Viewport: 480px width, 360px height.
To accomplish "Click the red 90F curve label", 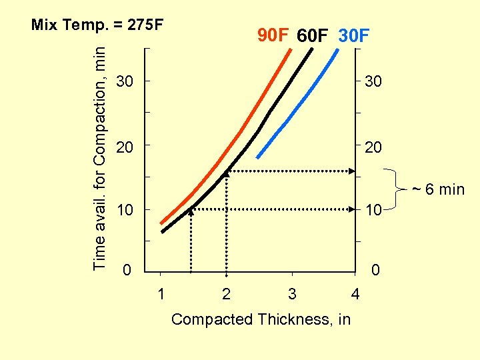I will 274,34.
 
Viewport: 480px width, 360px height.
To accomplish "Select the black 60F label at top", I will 312,35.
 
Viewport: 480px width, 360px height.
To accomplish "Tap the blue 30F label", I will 353,35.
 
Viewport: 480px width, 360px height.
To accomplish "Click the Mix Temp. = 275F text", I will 97,25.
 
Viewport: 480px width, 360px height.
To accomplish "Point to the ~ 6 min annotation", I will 437,189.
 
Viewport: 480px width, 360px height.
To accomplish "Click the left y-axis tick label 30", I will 125,82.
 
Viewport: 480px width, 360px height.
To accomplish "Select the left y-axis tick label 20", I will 125,147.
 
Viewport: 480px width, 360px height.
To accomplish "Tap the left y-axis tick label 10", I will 125,211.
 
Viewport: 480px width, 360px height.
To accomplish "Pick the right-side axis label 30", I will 372,82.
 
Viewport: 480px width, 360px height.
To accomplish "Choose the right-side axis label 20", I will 372,147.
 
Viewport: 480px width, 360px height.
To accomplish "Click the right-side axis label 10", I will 372,211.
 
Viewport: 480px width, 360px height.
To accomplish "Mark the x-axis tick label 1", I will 161,294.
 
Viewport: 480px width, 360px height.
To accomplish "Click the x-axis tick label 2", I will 226,294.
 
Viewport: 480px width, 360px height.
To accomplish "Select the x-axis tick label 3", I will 291,294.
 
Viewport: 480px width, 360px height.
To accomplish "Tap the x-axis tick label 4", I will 355,294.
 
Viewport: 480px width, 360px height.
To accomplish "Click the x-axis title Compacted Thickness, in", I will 261,319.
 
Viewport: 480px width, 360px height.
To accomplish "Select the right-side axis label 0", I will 376,271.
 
